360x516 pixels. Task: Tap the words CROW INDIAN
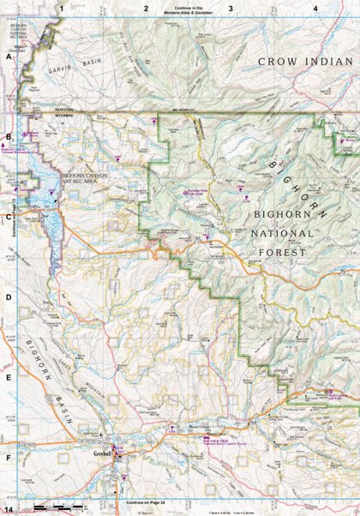pos(306,62)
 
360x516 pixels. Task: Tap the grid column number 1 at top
pos(62,7)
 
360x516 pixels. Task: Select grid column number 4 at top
pos(316,7)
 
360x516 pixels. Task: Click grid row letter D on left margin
pos(8,297)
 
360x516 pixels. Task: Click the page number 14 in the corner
pos(8,509)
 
